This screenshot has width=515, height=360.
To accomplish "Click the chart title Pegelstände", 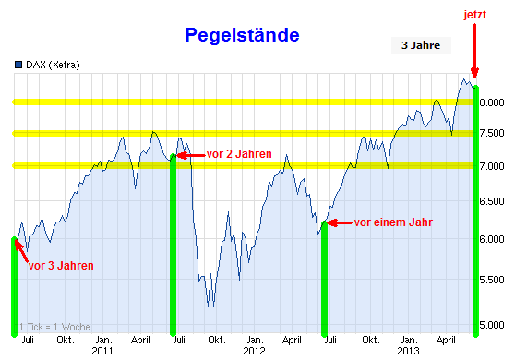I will click(242, 36).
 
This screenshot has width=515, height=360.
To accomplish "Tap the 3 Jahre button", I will click(421, 44).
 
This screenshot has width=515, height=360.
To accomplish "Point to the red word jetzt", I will click(474, 14).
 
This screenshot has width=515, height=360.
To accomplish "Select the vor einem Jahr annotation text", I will click(393, 222).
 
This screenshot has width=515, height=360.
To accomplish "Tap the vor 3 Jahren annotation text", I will click(61, 265).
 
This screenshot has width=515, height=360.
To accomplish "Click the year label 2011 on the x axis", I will click(102, 352).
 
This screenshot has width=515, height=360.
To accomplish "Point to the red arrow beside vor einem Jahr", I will click(340, 222).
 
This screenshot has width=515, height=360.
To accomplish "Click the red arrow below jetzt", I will click(474, 51).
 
